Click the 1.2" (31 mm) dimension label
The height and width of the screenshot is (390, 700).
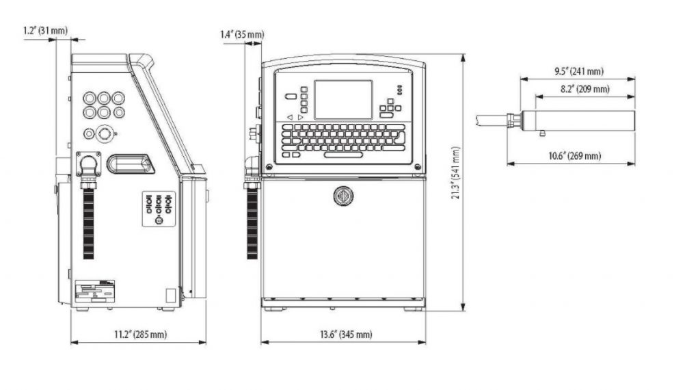click(46, 30)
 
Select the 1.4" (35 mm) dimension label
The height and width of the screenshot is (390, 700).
click(242, 34)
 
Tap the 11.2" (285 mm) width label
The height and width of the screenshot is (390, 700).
click(140, 334)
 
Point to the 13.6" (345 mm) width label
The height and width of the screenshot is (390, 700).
click(345, 334)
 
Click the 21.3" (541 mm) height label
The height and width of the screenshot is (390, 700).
click(455, 172)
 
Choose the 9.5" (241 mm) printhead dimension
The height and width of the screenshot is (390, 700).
click(579, 71)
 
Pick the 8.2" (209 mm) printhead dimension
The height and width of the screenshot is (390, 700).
click(585, 89)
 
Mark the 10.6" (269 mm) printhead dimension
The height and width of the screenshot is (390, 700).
click(574, 156)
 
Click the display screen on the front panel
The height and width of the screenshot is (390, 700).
click(343, 100)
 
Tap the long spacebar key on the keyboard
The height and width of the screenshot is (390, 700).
click(343, 155)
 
